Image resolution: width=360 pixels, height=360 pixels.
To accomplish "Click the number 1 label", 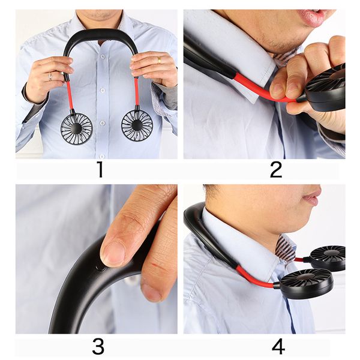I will click(100, 170).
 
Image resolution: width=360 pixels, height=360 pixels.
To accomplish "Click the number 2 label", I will click(275, 170).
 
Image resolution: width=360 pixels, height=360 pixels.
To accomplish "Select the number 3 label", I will click(98, 346).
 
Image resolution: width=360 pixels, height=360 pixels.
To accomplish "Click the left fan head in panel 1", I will click(77, 127).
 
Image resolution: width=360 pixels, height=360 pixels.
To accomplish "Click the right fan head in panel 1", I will click(137, 125).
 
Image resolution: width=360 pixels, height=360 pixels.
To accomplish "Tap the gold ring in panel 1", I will click(158, 60).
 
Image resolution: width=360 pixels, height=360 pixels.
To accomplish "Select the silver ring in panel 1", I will click(50, 76).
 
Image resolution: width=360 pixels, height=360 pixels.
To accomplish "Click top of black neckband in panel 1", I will click(101, 34).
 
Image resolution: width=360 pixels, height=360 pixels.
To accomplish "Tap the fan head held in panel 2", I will click(327, 90).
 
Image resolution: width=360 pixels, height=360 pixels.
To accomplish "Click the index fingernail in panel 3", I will click(112, 253).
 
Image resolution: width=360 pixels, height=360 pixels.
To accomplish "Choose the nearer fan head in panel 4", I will click(306, 284).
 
